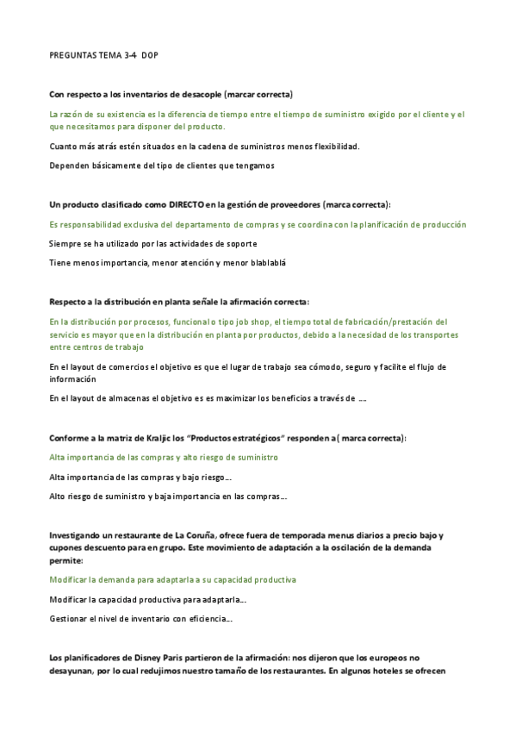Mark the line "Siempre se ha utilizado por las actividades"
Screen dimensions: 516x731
click(x=153, y=243)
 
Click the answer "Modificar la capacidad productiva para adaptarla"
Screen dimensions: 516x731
click(x=149, y=598)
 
